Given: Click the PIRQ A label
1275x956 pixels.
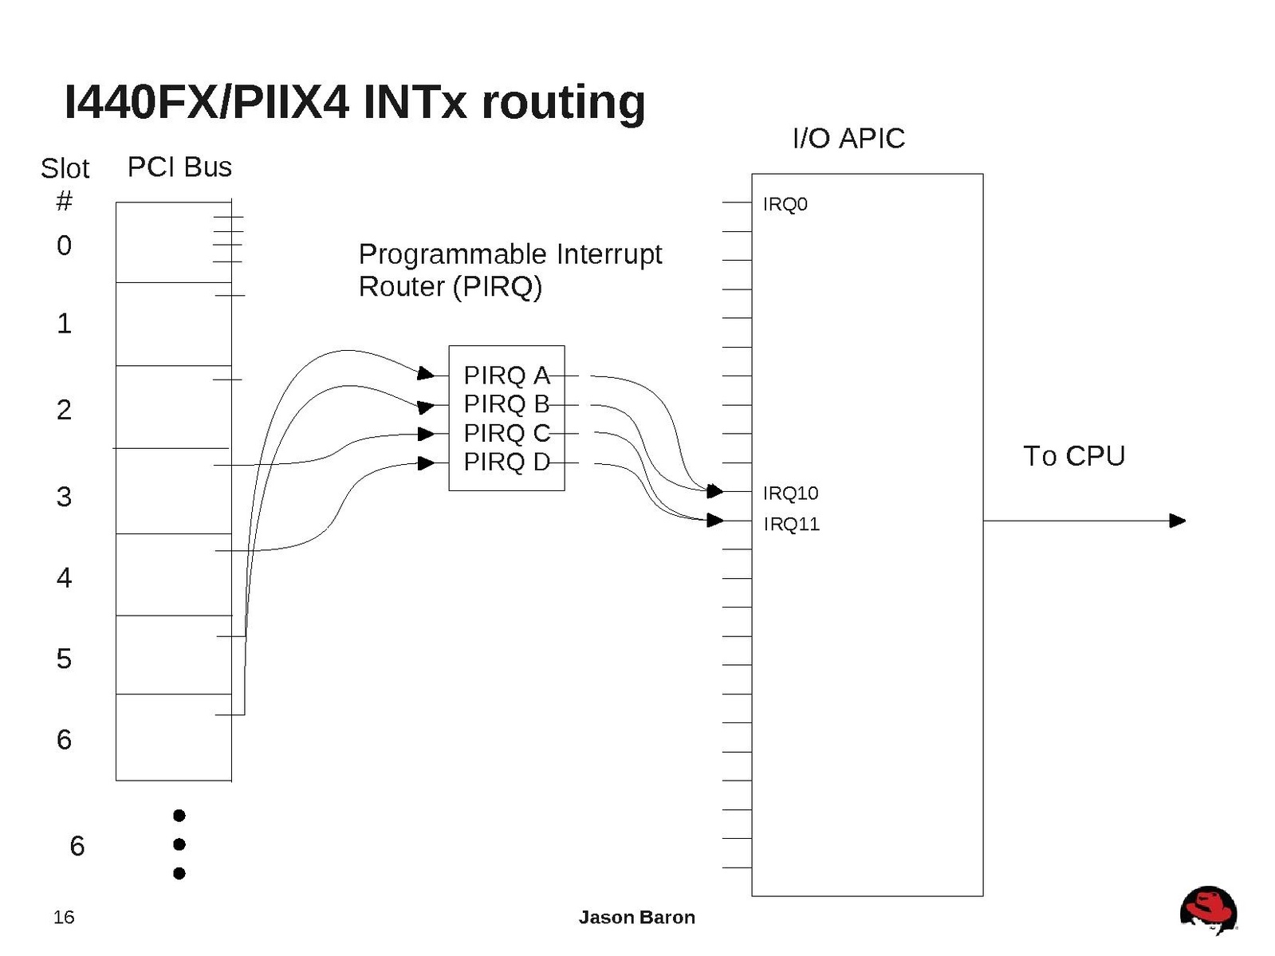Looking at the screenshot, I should click(506, 375).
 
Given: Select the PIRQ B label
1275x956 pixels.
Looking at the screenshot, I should click(506, 404).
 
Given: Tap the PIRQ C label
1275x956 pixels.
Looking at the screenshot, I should click(506, 433).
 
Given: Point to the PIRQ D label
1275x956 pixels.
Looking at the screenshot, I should click(506, 462).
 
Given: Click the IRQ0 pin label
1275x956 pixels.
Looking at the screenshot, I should click(785, 204).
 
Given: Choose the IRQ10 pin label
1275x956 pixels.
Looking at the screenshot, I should click(790, 493).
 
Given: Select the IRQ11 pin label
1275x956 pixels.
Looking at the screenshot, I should click(791, 524).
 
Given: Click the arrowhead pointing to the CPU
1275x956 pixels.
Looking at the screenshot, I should click(1177, 521).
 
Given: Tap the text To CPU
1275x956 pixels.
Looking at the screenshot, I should click(1073, 456).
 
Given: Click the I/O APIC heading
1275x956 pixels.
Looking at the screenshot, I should click(848, 139).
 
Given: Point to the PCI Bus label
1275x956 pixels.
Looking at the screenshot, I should click(179, 167).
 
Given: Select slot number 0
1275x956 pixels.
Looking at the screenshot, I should click(64, 246).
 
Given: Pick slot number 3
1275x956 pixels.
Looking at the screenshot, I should click(64, 497).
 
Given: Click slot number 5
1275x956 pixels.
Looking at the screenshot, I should click(64, 659).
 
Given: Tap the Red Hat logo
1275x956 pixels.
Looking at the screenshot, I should click(1208, 910).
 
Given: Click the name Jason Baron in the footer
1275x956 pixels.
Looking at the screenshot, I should click(636, 917).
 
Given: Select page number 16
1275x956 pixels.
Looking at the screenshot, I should click(64, 917).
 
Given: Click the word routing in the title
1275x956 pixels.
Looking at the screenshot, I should click(563, 102).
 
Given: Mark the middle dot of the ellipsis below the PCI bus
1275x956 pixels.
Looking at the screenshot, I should click(179, 844).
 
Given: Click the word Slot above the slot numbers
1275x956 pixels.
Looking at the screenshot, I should click(65, 169).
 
